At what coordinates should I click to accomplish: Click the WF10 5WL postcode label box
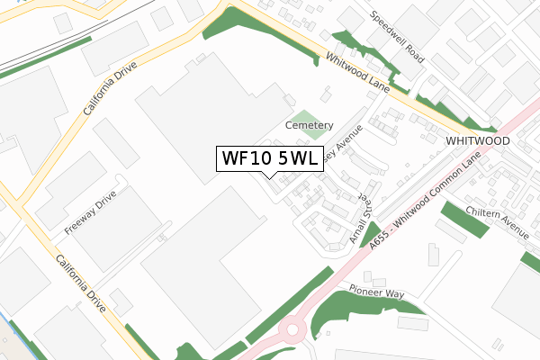click(x=268, y=158)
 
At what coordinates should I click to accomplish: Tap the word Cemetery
click(x=309, y=125)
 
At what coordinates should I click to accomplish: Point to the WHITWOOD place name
click(x=477, y=142)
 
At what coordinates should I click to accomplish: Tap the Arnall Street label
click(x=360, y=220)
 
